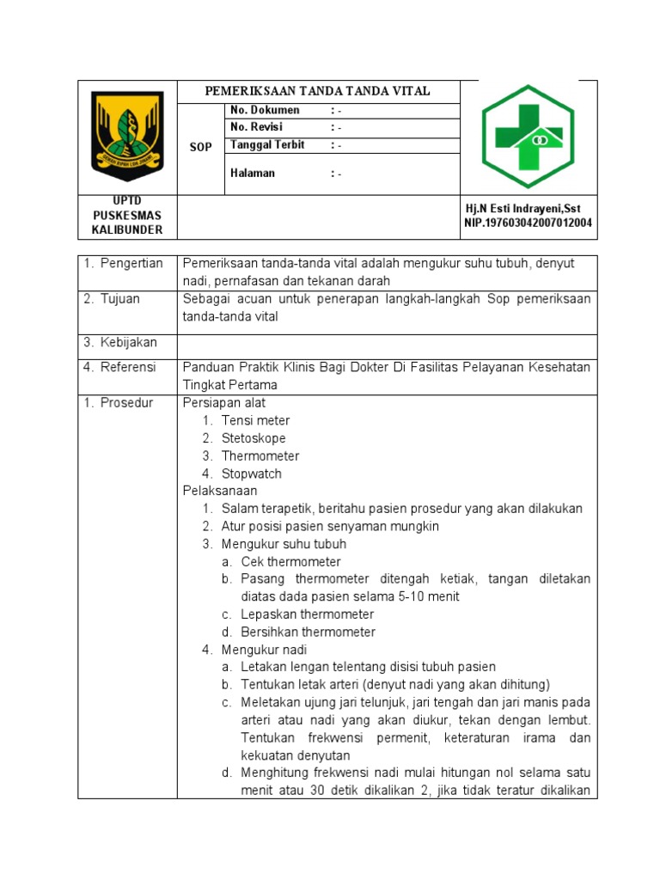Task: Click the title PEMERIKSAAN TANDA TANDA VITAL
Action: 316,91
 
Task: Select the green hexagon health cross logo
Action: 527,136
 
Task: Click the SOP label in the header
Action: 200,148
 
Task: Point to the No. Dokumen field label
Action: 265,110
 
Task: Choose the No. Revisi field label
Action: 256,127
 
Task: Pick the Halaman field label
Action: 253,173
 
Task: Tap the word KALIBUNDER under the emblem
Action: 126,229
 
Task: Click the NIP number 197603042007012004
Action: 528,223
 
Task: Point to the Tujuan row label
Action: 117,299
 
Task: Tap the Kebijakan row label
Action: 120,343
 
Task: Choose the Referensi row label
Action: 120,367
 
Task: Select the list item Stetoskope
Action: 254,438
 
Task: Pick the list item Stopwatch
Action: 251,474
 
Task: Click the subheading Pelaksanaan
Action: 220,491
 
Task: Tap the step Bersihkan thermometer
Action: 308,632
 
